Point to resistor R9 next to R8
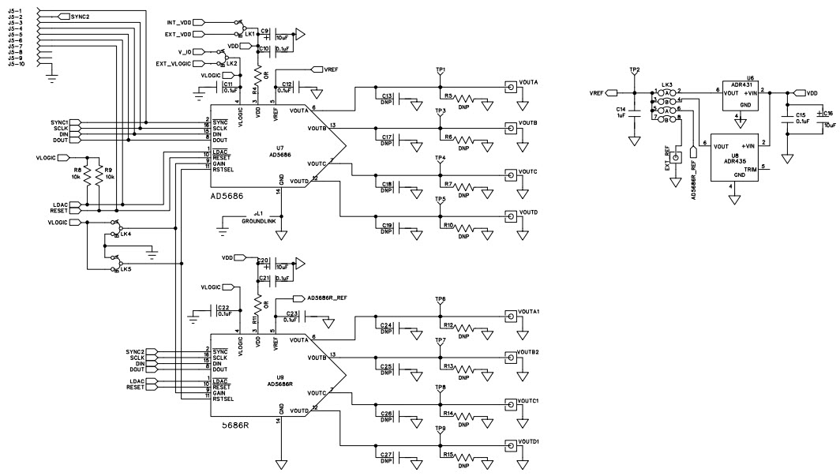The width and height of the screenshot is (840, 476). point(108,172)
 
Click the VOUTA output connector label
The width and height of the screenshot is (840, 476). point(528,82)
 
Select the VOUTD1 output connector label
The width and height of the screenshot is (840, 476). point(529,441)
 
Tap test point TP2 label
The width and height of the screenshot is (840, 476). point(634,70)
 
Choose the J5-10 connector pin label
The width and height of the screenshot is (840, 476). point(17,64)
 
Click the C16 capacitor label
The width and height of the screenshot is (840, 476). point(828,114)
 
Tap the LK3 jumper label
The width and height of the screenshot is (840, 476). point(666,84)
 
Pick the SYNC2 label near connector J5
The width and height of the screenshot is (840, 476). point(79,16)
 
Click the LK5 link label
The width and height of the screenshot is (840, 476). point(126,270)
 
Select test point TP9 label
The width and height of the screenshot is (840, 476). point(440,428)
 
